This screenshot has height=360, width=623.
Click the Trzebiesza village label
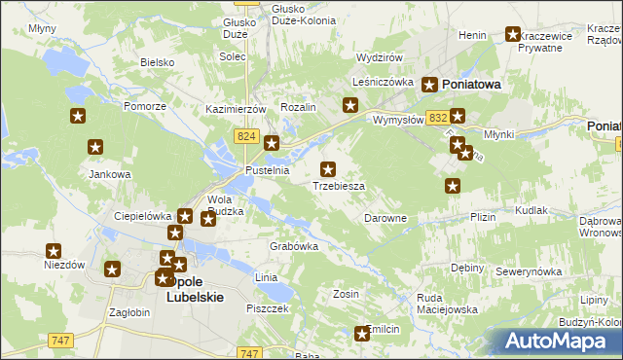(339, 186)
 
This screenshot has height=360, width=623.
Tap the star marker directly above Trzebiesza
(329, 169)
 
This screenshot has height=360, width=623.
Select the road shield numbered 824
(245, 139)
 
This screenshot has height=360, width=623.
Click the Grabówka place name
(294, 246)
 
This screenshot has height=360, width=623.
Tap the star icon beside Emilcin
(363, 334)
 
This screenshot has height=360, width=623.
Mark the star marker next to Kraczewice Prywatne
(513, 35)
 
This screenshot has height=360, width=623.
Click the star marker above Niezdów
(54, 251)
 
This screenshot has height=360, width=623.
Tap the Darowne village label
(385, 219)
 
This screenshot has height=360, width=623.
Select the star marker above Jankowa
(95, 148)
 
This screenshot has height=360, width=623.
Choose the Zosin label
(346, 293)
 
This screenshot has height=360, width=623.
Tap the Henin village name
(472, 35)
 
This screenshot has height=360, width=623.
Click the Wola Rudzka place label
(225, 204)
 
